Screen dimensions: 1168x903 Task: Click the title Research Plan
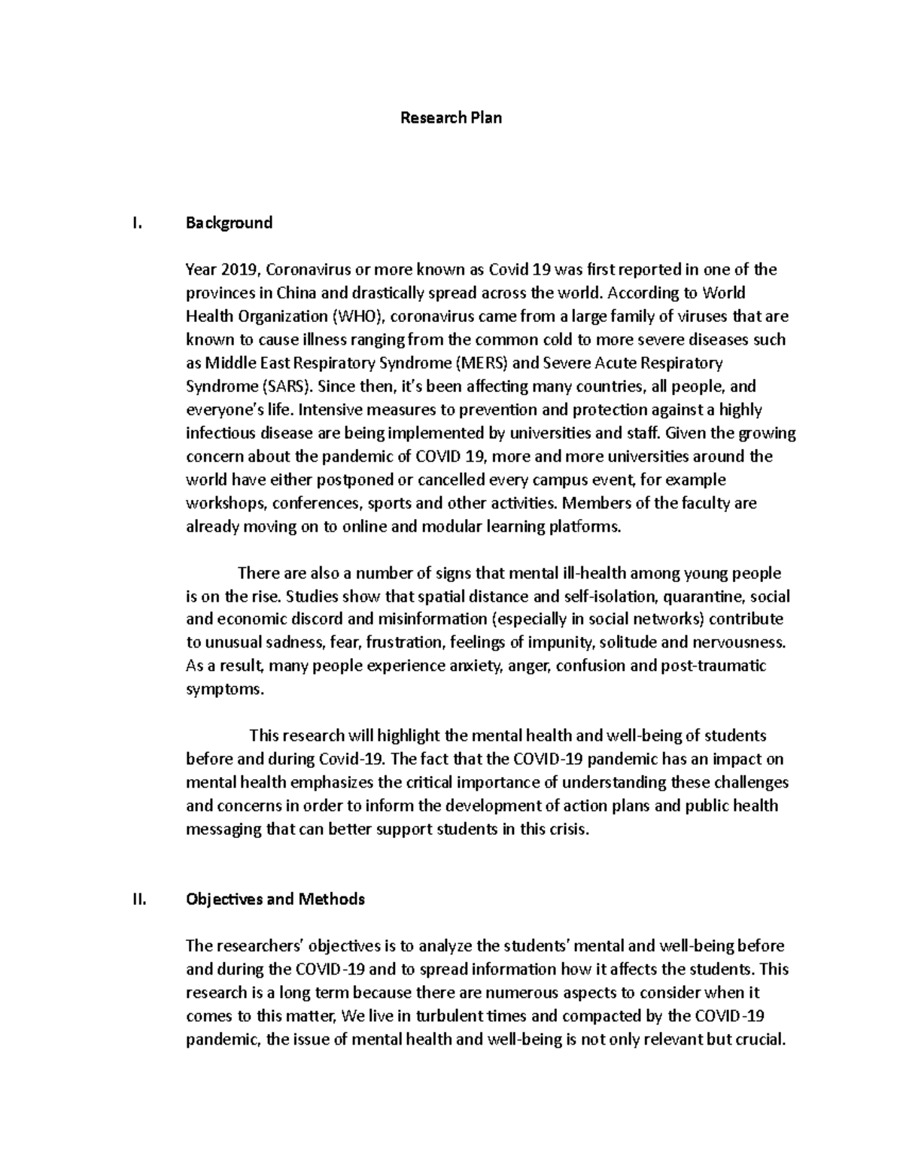pos(451,118)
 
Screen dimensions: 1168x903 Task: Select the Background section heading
pos(229,223)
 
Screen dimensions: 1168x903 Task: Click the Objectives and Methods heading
pos(275,899)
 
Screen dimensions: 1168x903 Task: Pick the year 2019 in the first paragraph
pos(235,269)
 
